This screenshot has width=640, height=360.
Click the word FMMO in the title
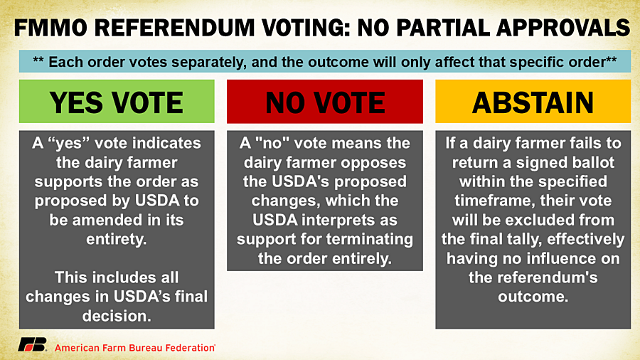pos(50,28)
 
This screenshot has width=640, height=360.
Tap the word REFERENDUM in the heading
pos(175,28)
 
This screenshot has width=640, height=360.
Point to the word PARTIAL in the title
pos(442,28)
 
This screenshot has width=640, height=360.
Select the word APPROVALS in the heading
pos(563,28)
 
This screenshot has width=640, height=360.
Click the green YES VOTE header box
pos(117,101)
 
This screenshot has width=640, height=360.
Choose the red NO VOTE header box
pos(325,101)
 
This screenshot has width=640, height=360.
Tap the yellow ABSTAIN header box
pos(533,101)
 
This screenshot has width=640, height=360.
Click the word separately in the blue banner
pos(208,62)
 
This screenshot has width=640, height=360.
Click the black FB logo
pos(32,345)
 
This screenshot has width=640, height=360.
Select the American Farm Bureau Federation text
pos(134,348)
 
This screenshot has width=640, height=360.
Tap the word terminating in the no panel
pos(370,239)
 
